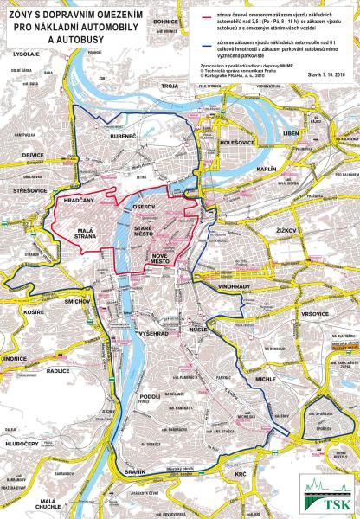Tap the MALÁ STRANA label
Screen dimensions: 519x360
click(92, 237)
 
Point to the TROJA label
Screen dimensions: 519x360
click(169, 86)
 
